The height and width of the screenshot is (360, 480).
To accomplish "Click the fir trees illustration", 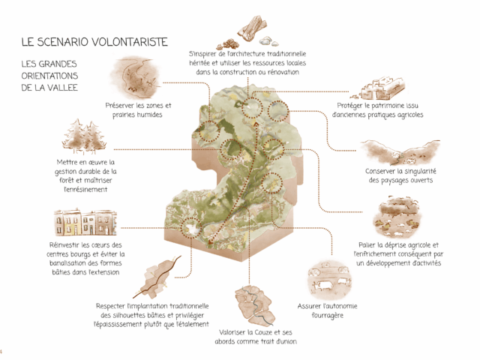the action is (x=84, y=137).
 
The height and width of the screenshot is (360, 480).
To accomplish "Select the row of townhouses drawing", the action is (x=85, y=223).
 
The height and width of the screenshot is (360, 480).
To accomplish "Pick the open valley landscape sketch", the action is (x=399, y=152).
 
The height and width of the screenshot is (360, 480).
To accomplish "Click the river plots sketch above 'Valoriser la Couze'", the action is (x=253, y=306).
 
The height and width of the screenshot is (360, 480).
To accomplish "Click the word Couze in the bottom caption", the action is (x=265, y=332).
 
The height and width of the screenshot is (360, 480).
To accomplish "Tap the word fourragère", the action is (x=327, y=316).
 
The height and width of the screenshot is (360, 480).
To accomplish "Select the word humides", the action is (x=149, y=115).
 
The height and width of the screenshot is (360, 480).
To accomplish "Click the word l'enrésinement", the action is (x=85, y=190).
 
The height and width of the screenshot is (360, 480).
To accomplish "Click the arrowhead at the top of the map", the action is (x=253, y=124).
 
